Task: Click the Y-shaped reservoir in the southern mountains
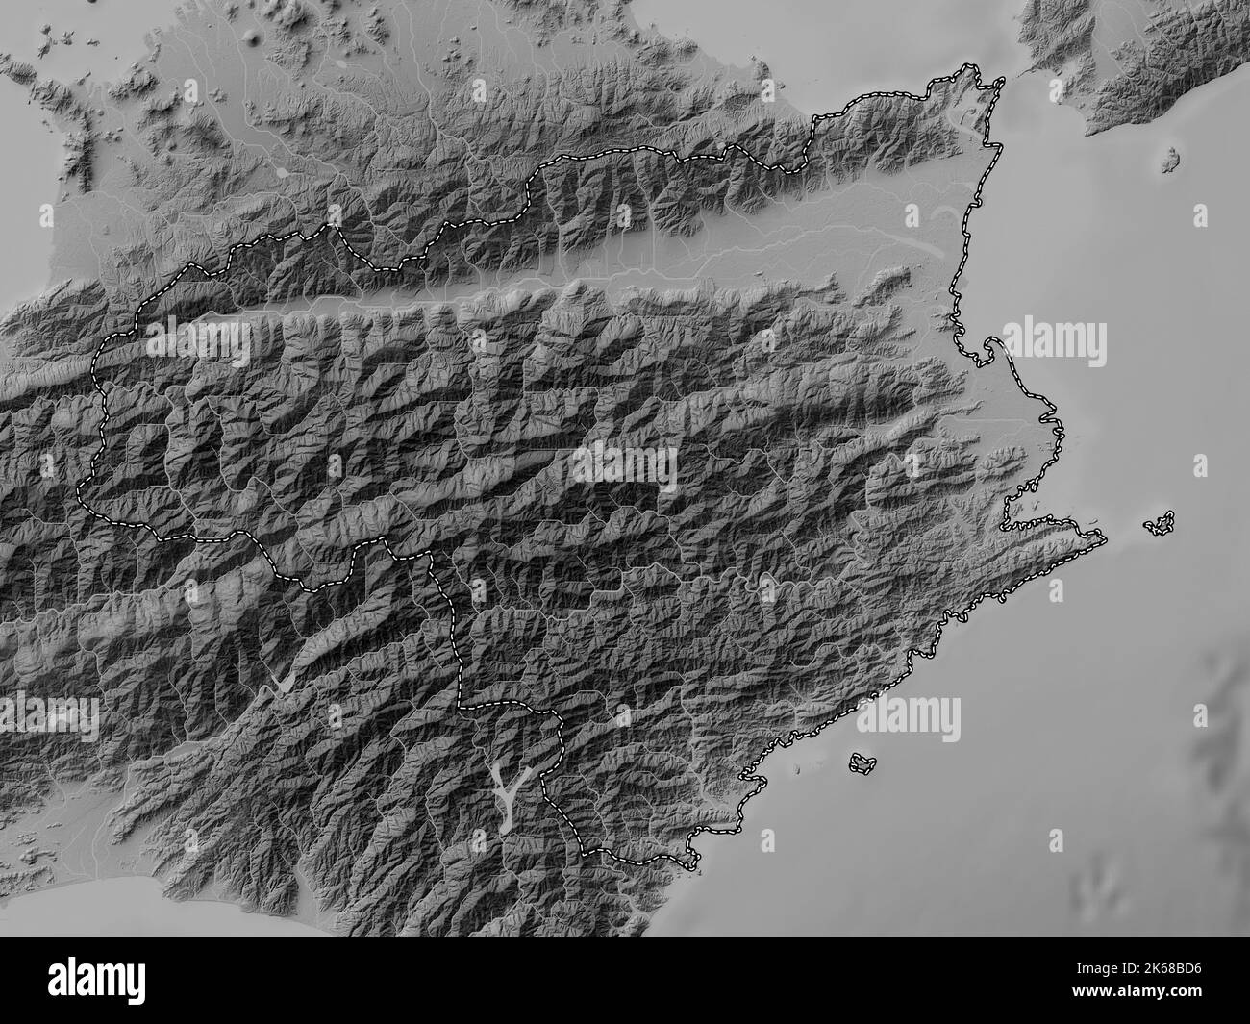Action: point(506,791)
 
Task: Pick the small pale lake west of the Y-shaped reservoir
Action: point(283,681)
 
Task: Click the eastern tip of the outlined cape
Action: point(1101,536)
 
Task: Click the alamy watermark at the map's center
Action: point(625,467)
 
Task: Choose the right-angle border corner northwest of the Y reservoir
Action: point(460,707)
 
